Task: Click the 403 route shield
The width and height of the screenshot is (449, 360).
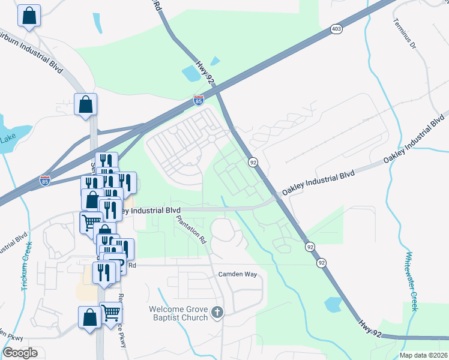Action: coord(336,28)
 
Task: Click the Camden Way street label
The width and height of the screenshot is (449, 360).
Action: coord(240,274)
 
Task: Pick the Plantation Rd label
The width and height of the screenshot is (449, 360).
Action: coord(191,228)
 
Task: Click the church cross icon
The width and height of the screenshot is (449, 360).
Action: coord(217,313)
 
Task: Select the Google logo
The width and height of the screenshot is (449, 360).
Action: coord(20,353)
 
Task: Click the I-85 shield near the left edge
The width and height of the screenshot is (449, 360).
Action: coord(44,179)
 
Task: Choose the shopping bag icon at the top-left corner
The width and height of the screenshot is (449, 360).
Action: coord(28,16)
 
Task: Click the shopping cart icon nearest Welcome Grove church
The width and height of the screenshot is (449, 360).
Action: coord(111,313)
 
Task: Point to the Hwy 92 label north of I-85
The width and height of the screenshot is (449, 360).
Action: coord(205,69)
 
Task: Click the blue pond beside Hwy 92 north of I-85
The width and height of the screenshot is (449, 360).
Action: coord(191,73)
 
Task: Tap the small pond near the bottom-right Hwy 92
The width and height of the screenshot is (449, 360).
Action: coord(333,304)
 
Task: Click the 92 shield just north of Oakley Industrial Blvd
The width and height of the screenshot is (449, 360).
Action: coord(253,162)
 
